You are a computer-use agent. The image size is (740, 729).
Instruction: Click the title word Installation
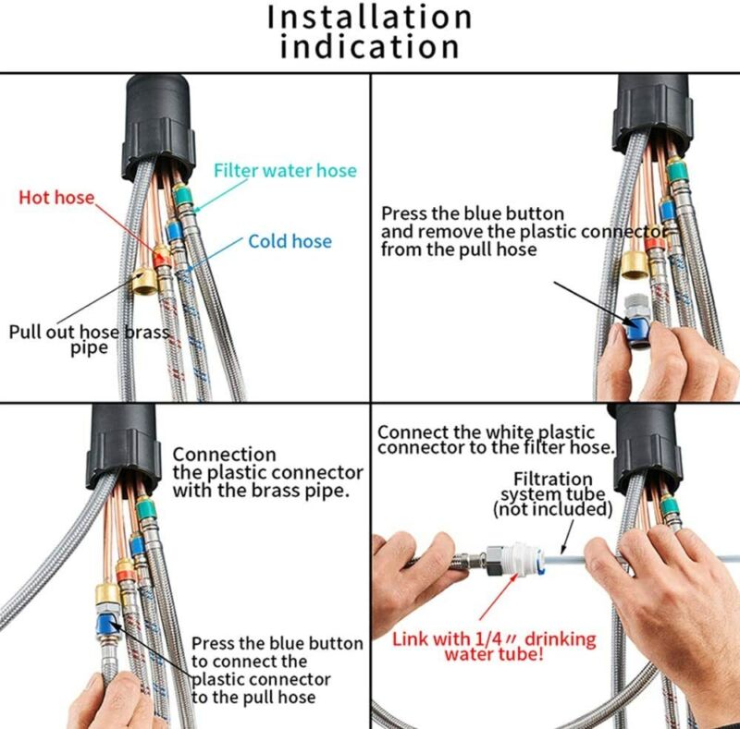click(x=369, y=17)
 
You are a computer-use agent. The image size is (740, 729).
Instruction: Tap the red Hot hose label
click(x=56, y=197)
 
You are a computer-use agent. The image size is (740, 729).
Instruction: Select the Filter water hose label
click(x=285, y=170)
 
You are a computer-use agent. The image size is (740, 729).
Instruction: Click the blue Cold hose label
click(x=290, y=241)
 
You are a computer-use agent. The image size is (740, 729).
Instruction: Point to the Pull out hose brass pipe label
click(x=89, y=339)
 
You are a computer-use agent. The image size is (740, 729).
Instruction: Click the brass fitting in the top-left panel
click(x=144, y=282)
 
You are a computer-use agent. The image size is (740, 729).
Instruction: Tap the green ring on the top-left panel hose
click(x=181, y=194)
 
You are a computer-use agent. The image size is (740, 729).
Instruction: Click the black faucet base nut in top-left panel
click(x=158, y=128)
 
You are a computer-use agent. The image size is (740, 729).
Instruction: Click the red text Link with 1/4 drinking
click(x=494, y=639)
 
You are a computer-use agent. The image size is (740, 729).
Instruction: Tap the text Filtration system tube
click(x=552, y=487)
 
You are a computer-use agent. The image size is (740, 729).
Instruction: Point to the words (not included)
click(x=552, y=509)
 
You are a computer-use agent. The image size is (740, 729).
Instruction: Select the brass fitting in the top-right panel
click(x=634, y=265)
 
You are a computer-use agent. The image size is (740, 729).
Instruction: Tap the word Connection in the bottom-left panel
click(x=224, y=455)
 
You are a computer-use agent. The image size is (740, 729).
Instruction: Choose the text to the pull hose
click(x=253, y=697)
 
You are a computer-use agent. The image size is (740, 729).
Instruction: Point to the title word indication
click(x=369, y=47)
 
